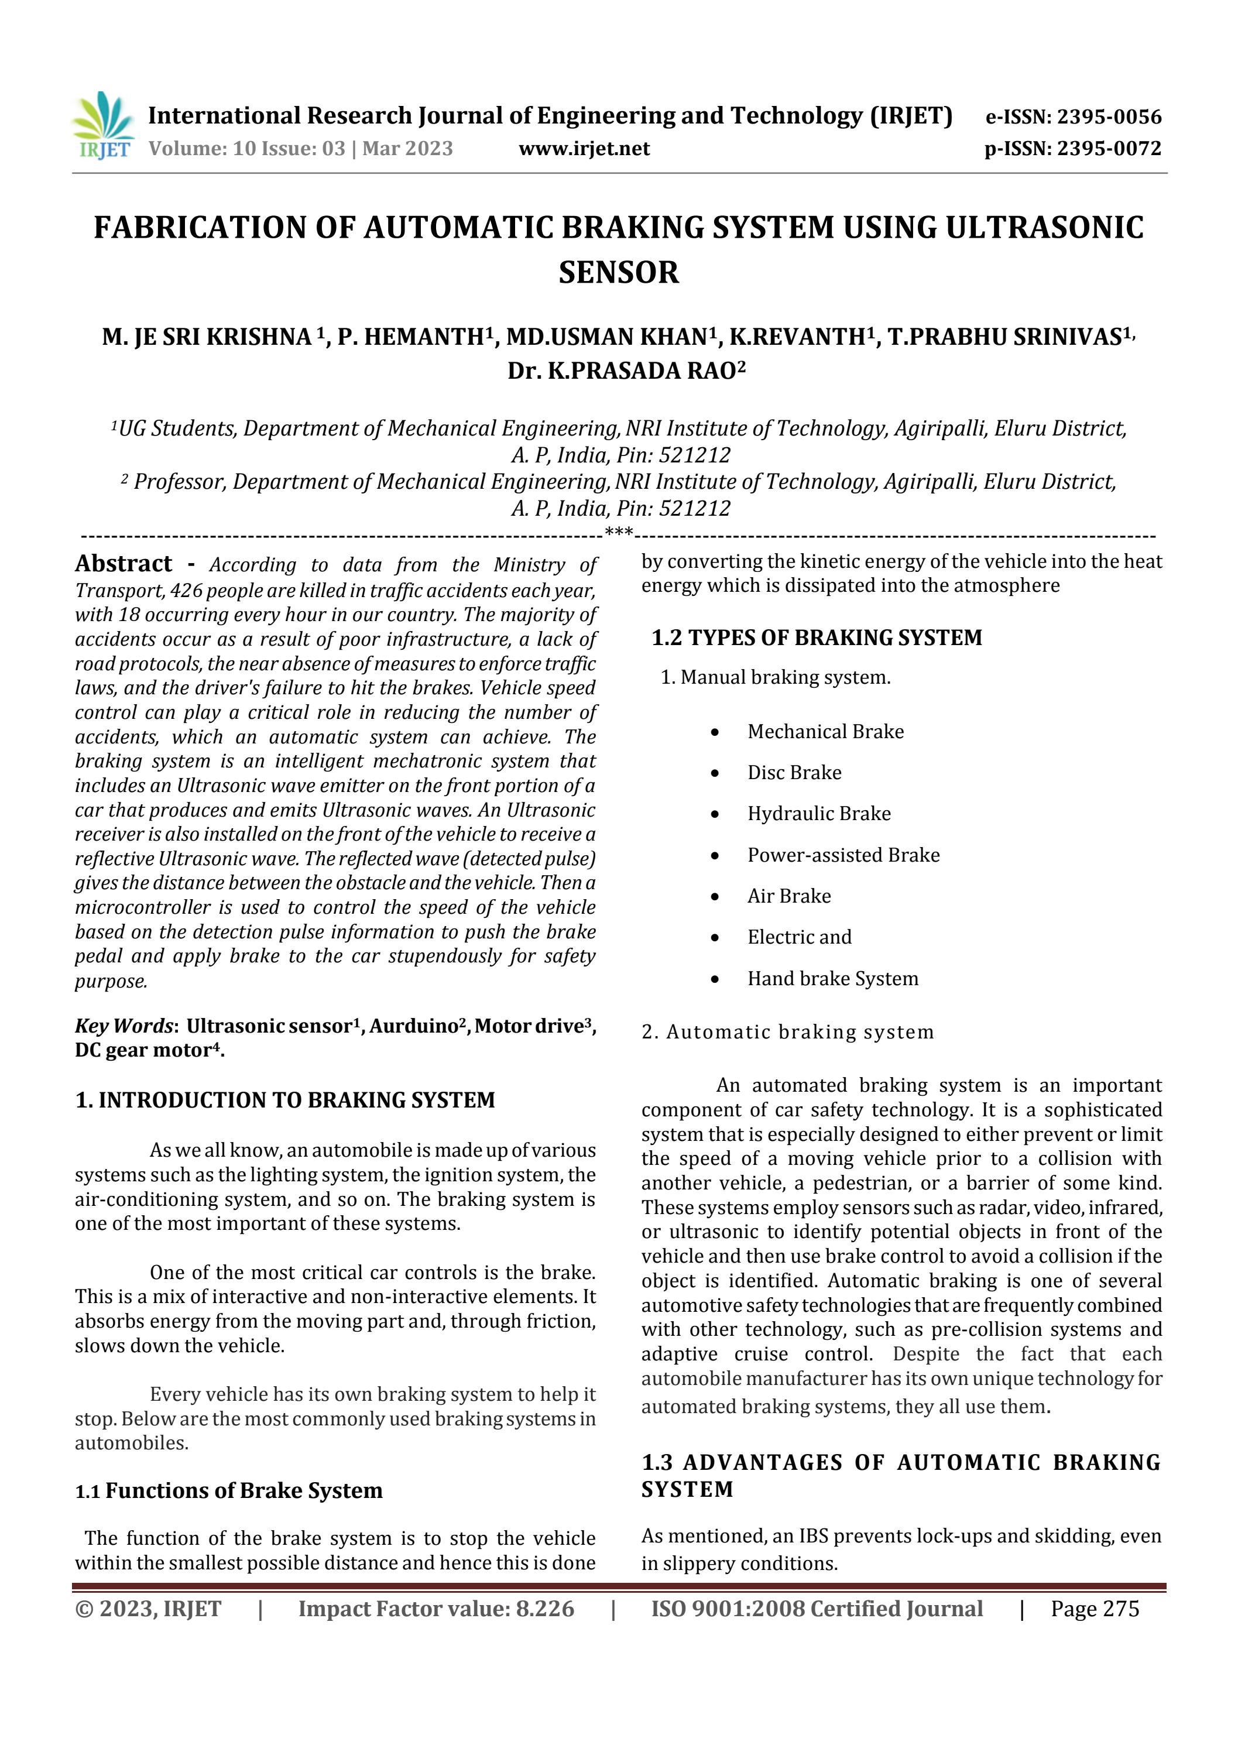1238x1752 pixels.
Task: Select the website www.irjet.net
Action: (584, 149)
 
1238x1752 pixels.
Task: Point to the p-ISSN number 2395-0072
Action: (1109, 149)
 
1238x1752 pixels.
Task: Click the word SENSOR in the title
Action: (618, 272)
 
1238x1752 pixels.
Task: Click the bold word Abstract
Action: (124, 564)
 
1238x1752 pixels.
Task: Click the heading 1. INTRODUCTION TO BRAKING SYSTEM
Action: (284, 1099)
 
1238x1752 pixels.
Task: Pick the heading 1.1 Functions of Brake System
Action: (229, 1490)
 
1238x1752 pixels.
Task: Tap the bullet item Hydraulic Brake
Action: (818, 814)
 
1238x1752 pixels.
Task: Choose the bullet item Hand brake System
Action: (832, 978)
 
